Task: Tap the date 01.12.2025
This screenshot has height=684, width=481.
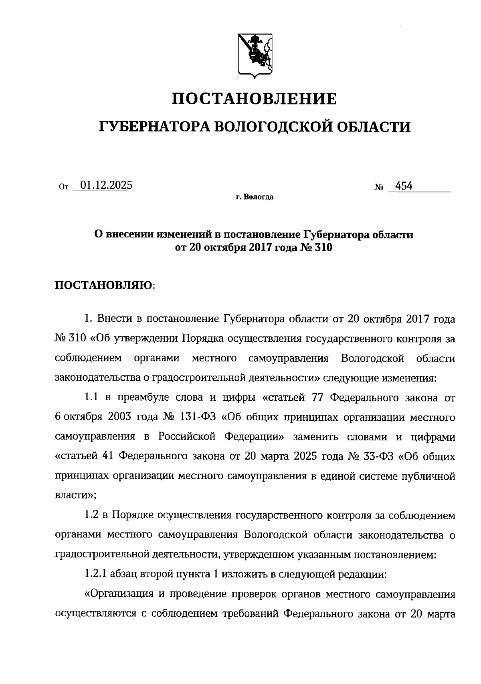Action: click(107, 186)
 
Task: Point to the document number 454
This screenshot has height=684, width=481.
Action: click(404, 186)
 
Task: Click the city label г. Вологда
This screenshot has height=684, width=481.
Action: click(255, 197)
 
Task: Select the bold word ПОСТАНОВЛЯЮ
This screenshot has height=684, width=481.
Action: click(103, 285)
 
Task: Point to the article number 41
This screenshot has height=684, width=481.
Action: click(108, 456)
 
